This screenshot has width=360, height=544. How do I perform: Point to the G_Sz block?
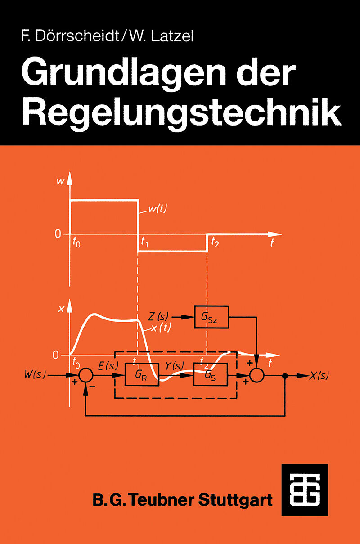[211, 317]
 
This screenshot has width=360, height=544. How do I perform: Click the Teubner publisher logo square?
[304, 490]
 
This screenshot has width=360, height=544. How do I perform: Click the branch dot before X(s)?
[284, 375]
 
